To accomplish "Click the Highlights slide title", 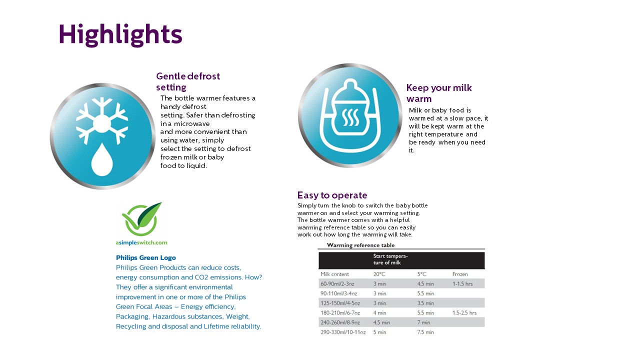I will [x=120, y=35].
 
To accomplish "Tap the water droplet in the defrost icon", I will [x=102, y=159].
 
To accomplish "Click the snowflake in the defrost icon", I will [x=102, y=119].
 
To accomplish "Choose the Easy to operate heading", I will [x=332, y=195].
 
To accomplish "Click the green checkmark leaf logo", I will [x=142, y=219].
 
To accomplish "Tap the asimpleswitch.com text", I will [x=141, y=242].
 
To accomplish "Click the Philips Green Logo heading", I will [x=145, y=258].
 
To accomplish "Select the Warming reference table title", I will [x=360, y=245].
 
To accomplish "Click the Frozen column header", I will [x=460, y=274].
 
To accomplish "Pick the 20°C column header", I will [x=379, y=274].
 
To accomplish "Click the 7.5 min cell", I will [x=425, y=332].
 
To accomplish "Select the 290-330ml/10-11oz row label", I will [x=343, y=332].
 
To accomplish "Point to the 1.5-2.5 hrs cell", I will [x=464, y=313].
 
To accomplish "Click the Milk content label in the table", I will [x=334, y=274].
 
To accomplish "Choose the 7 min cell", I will [x=423, y=322].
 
